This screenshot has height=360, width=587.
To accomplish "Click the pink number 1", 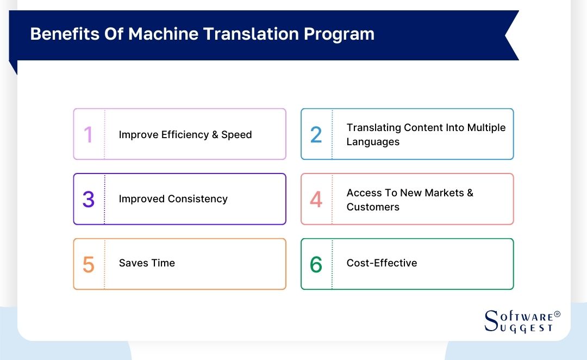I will [89, 134].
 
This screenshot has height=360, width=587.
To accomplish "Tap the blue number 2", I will [316, 134].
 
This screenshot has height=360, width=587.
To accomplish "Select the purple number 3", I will [89, 200].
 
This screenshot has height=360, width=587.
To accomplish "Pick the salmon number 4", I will [316, 200].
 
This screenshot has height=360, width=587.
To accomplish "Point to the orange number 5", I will [89, 265].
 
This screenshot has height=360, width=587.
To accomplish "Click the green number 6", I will [316, 265].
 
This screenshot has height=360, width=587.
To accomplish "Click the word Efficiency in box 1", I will [186, 135].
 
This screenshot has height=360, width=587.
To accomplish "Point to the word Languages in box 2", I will [373, 142].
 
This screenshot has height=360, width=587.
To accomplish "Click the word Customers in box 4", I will [373, 207].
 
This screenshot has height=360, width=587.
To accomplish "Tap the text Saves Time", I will [147, 263].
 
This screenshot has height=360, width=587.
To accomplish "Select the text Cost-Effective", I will [382, 263].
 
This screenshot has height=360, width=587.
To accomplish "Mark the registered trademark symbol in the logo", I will [557, 315].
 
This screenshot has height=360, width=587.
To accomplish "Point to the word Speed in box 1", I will [236, 135].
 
